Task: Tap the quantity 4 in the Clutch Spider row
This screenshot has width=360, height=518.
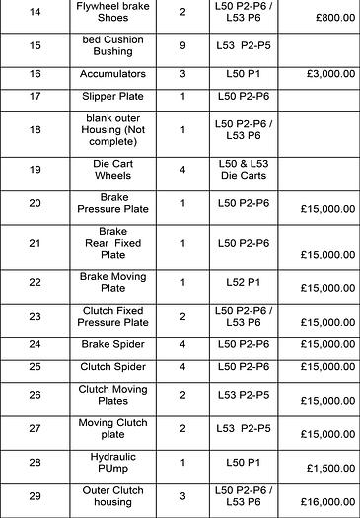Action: pyautogui.click(x=183, y=367)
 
